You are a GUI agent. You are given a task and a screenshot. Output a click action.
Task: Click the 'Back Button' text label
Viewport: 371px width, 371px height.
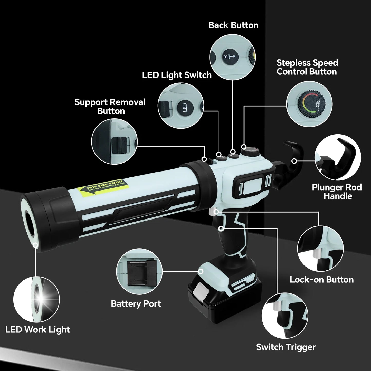click(233, 25)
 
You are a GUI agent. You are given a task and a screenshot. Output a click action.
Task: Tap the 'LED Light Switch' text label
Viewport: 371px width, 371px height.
click(177, 75)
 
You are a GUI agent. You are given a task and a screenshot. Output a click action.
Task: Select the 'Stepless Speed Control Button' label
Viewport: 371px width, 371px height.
click(307, 67)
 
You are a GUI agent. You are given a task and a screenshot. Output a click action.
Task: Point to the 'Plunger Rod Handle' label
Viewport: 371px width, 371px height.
click(337, 192)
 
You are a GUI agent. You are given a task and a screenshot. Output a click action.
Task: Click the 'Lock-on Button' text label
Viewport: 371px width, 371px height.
click(321, 279)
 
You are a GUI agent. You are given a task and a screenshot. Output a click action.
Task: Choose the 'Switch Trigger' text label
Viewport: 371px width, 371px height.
click(286, 347)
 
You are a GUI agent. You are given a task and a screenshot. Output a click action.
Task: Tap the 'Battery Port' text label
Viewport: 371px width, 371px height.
click(136, 303)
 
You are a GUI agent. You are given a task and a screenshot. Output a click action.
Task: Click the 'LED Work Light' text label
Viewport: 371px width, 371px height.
click(37, 329)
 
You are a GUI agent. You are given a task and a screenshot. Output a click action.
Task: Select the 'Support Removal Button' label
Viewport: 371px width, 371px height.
click(110, 107)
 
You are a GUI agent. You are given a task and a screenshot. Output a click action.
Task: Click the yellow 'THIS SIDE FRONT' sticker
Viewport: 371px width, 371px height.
click(102, 187)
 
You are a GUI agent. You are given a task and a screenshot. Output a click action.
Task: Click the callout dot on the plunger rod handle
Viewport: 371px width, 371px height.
click(294, 161)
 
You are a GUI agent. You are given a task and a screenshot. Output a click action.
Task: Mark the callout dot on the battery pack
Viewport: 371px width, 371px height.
click(201, 271)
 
